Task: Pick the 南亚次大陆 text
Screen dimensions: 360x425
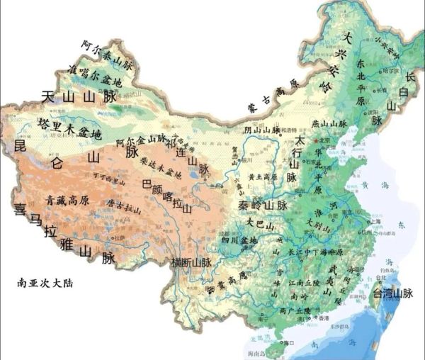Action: tap(45, 282)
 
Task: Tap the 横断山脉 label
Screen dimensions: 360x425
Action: tap(191, 262)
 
